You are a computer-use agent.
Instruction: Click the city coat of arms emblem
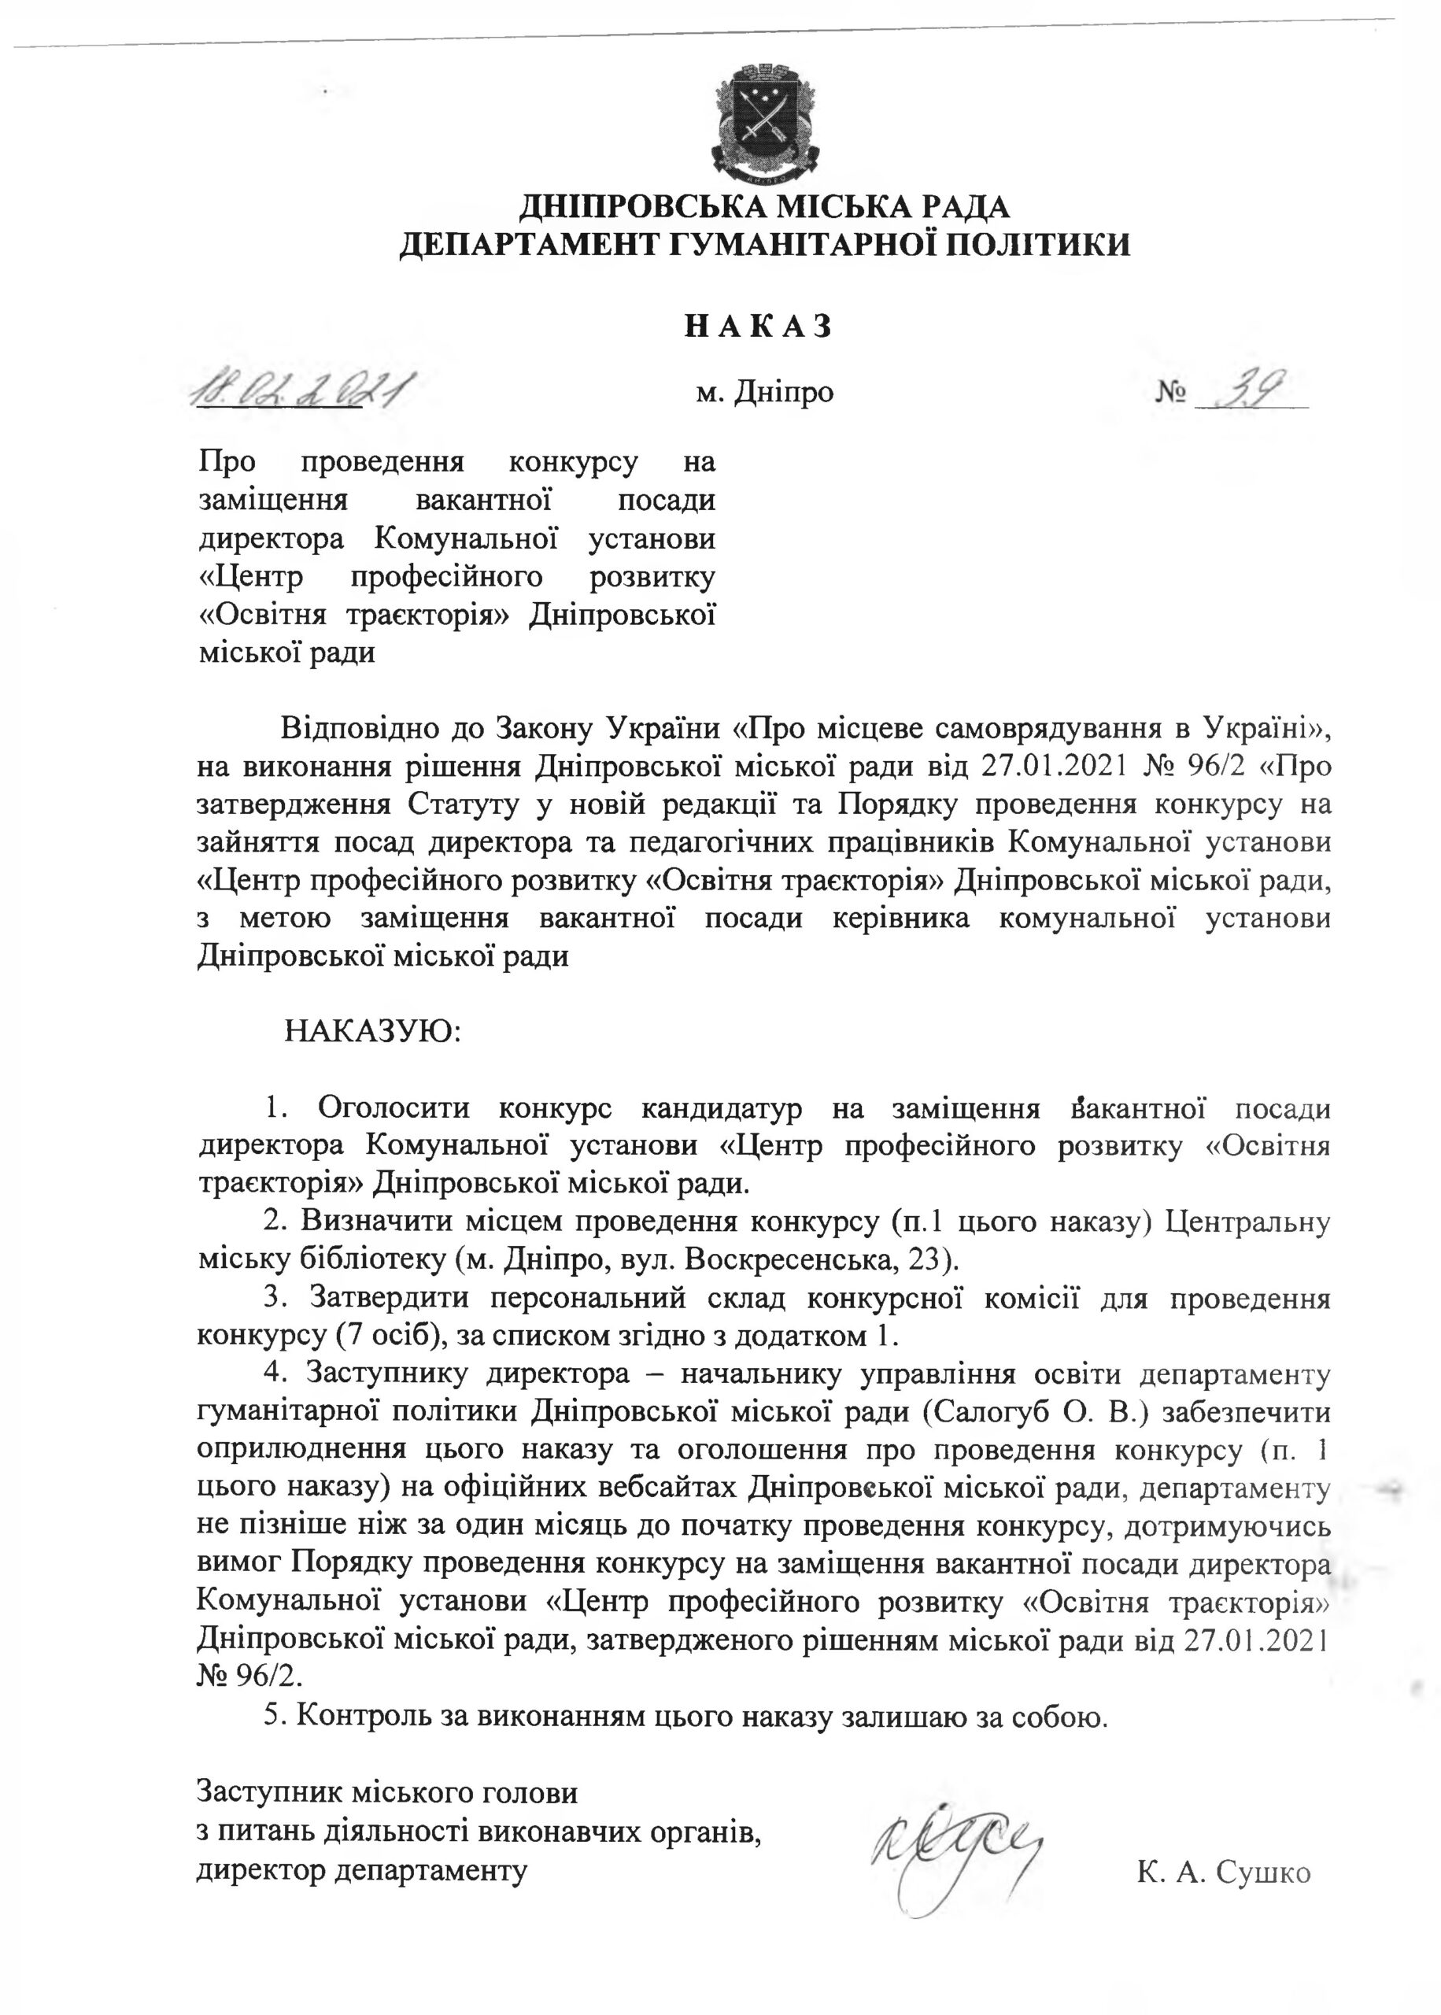pyautogui.click(x=763, y=116)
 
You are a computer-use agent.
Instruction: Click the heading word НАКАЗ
pyautogui.click(x=759, y=327)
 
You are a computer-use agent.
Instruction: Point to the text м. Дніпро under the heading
pyautogui.click(x=765, y=392)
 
